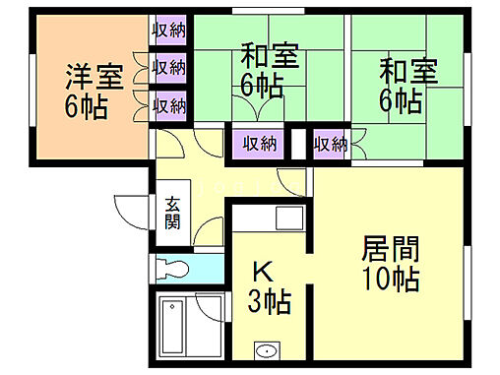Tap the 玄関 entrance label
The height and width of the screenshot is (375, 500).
pos(172,213)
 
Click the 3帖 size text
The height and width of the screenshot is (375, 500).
pos(270,302)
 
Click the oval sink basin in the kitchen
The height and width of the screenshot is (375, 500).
pos(264,350)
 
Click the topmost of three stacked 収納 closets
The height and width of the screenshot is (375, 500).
pos(169,31)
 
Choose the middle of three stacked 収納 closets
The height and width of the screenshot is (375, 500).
pos(169,68)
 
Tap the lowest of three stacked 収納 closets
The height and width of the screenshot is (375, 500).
pos(169,104)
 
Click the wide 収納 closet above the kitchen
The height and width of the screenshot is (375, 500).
pos(260,145)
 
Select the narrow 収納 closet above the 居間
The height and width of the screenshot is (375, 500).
pos(330,145)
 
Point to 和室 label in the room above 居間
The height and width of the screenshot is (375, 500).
pos(407,71)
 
